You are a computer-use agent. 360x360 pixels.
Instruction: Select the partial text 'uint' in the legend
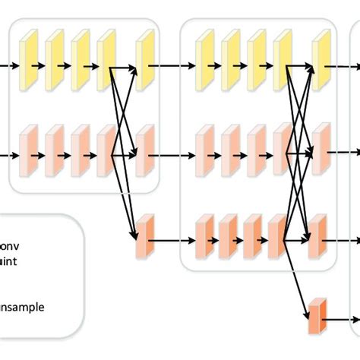tap(11, 260)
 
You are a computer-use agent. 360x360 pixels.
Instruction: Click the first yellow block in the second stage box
tap(204, 60)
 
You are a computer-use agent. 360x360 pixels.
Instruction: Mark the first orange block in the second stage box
tap(204, 234)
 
